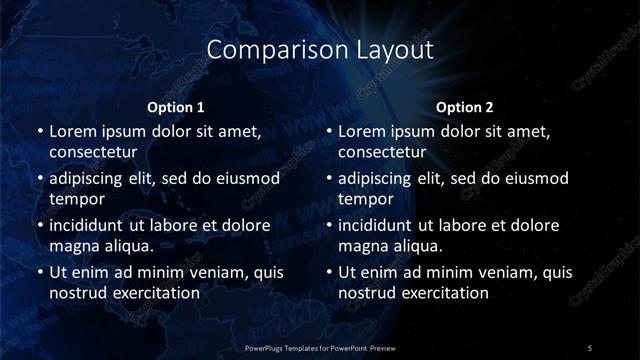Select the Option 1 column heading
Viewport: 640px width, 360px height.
point(176,107)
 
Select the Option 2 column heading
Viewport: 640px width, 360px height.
point(465,107)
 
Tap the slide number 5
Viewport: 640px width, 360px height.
point(589,347)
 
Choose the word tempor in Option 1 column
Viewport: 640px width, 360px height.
point(72,199)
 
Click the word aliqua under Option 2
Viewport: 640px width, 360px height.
point(415,246)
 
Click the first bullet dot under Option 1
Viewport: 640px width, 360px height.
point(39,132)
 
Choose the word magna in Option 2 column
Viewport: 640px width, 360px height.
point(362,246)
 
